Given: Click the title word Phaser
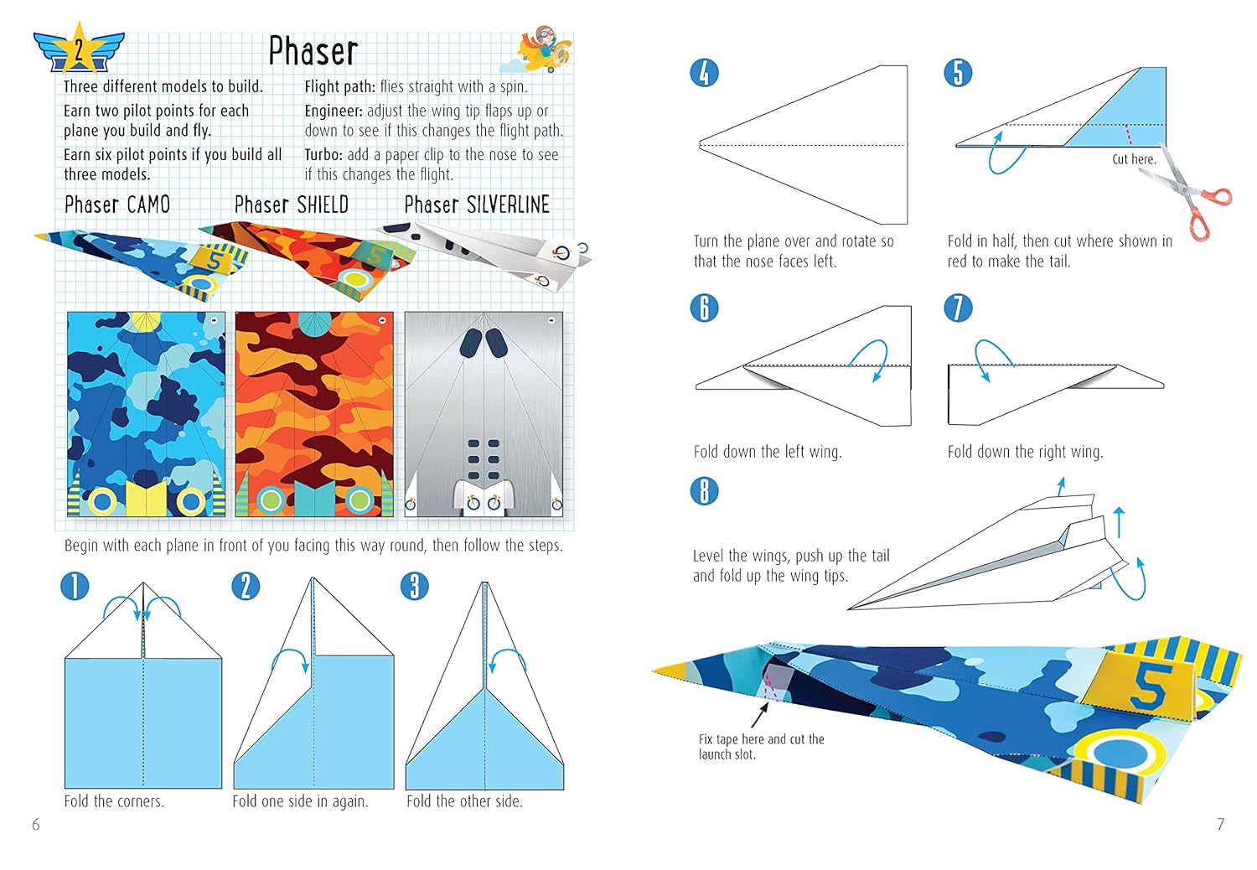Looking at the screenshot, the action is tap(313, 52).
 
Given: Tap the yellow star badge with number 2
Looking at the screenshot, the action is tap(79, 49).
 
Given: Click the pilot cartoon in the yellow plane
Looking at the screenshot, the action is tap(543, 49).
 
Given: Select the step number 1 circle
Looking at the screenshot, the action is tap(75, 587).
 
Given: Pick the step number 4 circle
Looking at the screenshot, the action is tap(704, 73).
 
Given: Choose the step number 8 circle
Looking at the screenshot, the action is tap(704, 491).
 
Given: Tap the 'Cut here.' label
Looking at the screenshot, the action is tap(1134, 159).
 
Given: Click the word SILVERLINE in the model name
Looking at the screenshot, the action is tap(509, 205).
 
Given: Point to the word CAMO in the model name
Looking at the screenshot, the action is tap(148, 205).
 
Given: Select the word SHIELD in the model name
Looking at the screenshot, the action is tap(323, 205).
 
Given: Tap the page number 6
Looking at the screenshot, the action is tap(36, 824).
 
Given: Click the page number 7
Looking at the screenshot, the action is tap(1220, 824).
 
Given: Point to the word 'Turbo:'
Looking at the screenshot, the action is tap(323, 155).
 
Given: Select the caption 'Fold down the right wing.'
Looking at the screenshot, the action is tap(1025, 452).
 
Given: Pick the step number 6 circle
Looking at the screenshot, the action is tap(704, 308).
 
